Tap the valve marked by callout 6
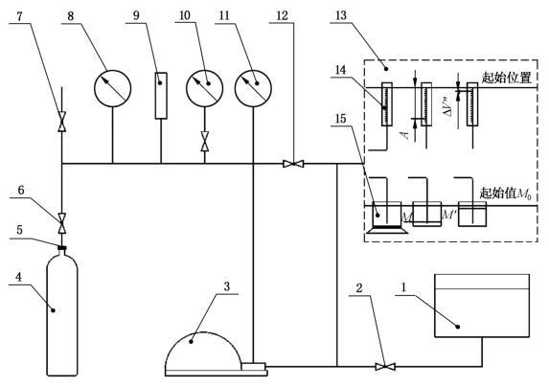click(x=62, y=223)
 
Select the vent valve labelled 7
click(x=62, y=122)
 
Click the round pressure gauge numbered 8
click(x=112, y=88)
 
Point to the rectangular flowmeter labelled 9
click(x=161, y=96)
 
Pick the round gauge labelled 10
click(x=204, y=88)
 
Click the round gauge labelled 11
click(x=253, y=88)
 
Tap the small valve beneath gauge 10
click(x=205, y=142)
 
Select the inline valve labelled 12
click(x=293, y=164)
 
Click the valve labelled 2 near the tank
click(x=385, y=367)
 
